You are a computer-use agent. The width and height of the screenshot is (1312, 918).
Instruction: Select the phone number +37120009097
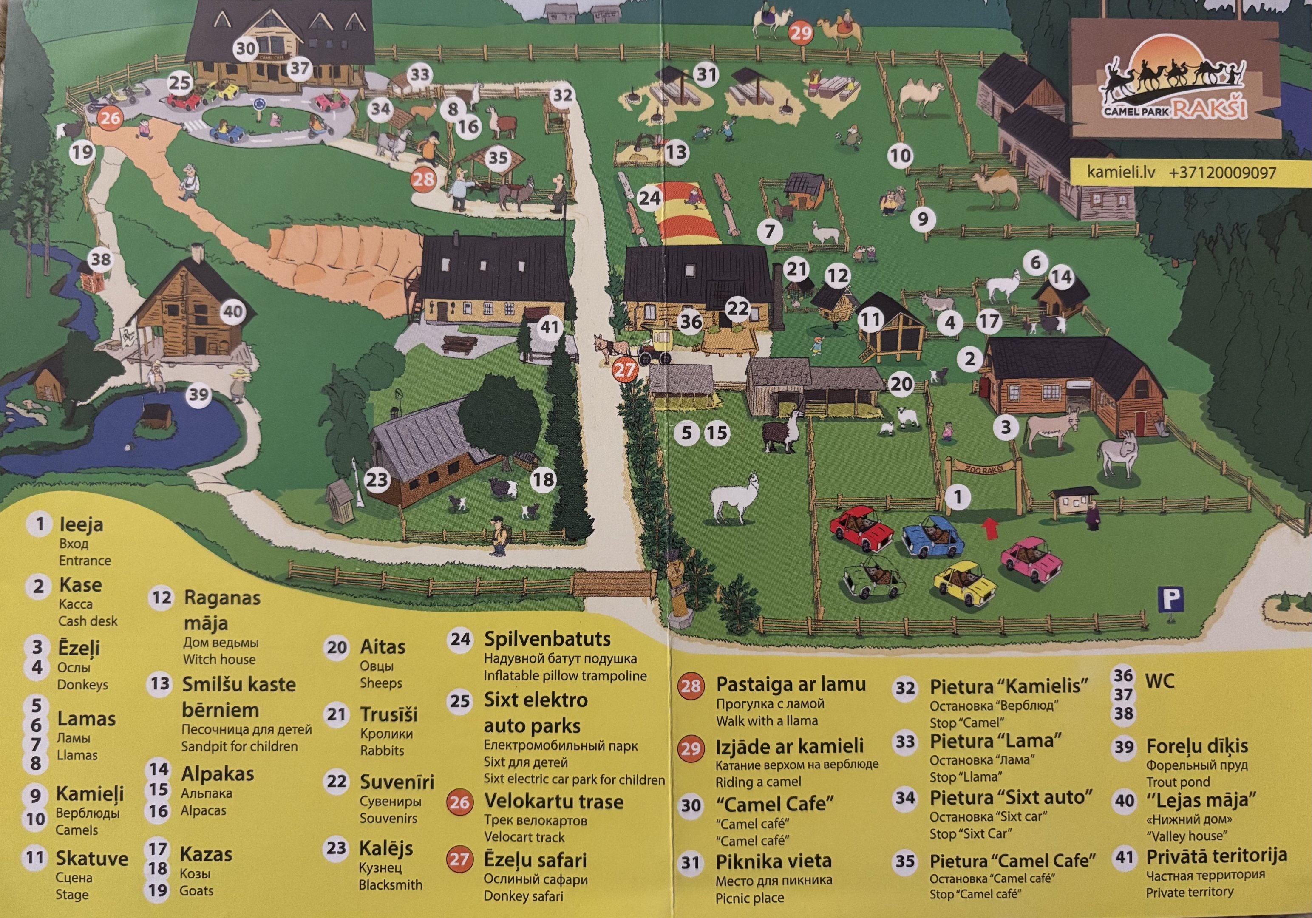point(1222,172)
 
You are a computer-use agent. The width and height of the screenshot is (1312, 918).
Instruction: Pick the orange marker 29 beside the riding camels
point(801,33)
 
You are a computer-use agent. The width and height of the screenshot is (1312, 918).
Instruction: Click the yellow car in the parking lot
point(965,583)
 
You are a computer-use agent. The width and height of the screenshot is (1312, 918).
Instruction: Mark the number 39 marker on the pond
point(198,394)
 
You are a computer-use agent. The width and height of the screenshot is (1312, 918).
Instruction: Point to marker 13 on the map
point(675,152)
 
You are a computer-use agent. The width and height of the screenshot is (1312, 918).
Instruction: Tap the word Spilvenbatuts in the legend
point(547,639)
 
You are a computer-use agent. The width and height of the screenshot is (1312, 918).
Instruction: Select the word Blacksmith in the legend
point(390,885)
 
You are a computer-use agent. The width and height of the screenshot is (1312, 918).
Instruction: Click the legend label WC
point(1159,681)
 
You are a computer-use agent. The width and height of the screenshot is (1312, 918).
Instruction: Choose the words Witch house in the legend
point(219,659)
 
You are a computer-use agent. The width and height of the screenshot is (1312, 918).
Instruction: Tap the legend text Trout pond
point(1178,782)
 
